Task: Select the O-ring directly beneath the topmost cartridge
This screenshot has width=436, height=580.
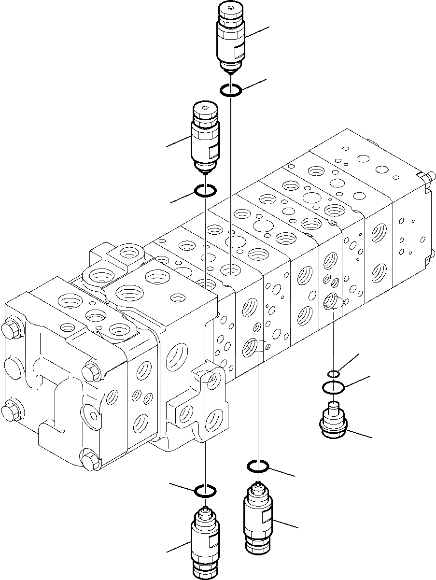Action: (x=231, y=90)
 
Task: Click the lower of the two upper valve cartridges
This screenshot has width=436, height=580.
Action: (x=205, y=137)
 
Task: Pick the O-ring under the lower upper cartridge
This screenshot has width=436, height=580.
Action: (x=205, y=192)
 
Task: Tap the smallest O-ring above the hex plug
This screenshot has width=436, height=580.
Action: (x=333, y=373)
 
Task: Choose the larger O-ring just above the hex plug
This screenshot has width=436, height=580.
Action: (x=333, y=387)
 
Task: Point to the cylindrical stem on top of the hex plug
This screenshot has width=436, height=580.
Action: (x=333, y=408)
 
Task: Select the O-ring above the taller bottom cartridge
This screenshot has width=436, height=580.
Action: (x=258, y=466)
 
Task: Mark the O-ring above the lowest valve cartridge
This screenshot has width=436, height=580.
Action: (x=205, y=492)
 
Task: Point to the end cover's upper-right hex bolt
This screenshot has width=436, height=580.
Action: (x=90, y=372)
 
